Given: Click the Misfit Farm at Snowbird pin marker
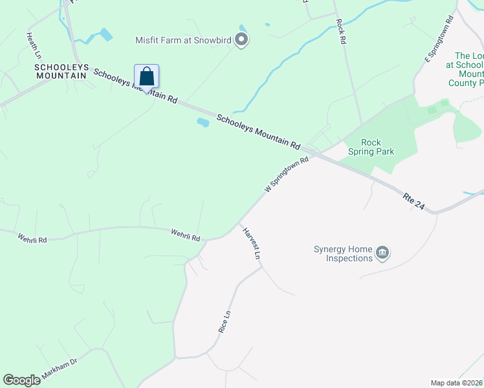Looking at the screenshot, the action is point(241,41).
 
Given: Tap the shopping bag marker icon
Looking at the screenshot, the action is point(147,77).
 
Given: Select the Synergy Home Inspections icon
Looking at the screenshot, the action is point(382,252).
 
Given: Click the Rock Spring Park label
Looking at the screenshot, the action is point(371,147).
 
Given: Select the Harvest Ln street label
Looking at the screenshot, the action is point(251,242).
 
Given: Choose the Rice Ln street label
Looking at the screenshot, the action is point(224,321).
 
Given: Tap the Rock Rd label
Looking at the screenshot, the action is point(340,31).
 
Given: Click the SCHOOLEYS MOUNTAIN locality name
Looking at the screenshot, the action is point(61,71).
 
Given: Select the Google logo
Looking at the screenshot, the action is point(21,380).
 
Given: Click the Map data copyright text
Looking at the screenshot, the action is point(456,383).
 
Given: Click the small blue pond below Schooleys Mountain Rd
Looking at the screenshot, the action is point(203,122).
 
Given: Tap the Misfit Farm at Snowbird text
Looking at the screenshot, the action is point(183,40).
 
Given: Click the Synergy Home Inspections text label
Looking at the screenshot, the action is point(343,253).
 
